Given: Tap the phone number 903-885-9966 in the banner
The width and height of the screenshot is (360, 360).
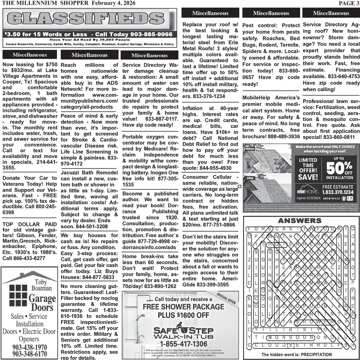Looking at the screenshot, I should click(147, 35).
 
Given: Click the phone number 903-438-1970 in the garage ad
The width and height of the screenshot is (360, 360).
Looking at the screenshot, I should click(30, 347).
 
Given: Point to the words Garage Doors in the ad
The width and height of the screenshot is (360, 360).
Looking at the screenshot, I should click(42, 303).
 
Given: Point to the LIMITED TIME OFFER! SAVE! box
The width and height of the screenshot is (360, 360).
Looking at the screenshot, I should click(308, 169).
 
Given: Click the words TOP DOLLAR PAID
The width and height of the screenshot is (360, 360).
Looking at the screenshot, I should click(29, 224).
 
